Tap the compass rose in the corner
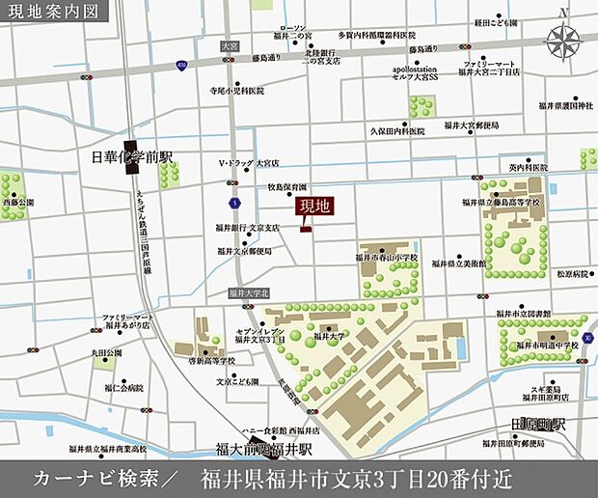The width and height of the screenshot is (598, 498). click(x=563, y=41)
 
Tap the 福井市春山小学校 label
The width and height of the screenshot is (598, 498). click(x=387, y=259)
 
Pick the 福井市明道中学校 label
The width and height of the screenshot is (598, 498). click(x=547, y=345)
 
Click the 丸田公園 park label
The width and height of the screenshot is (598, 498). click(x=108, y=354)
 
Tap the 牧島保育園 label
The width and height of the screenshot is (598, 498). click(x=286, y=187)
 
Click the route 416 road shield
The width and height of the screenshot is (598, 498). click(x=181, y=65)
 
